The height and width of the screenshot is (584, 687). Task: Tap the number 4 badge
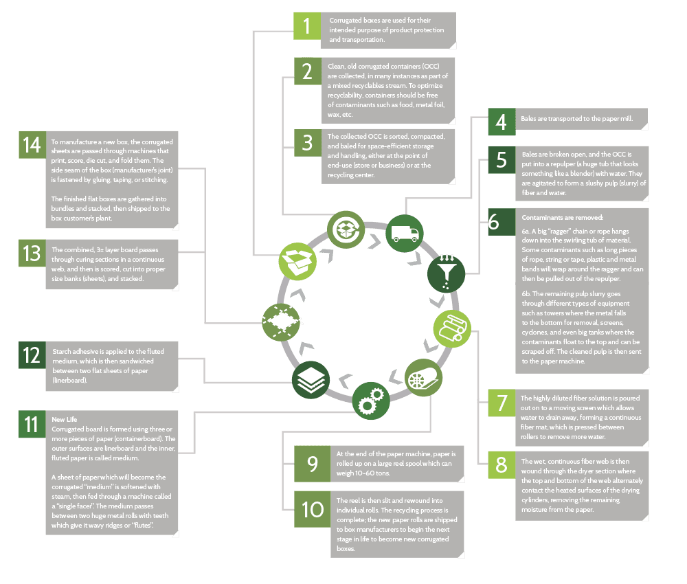pos(501,122)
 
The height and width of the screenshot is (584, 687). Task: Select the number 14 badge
pos(32,146)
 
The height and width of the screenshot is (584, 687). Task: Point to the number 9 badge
pos(312,464)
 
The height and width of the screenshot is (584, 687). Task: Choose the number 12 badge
pos(32,356)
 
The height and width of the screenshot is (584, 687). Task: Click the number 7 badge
pos(501,403)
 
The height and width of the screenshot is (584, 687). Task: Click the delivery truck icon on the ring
pos(405,232)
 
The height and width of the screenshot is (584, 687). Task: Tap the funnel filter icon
pos(446,273)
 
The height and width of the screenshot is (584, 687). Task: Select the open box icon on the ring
pos(296,260)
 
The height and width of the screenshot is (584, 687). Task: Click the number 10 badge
pos(312,509)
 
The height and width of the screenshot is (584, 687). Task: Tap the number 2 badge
pos(306,72)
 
